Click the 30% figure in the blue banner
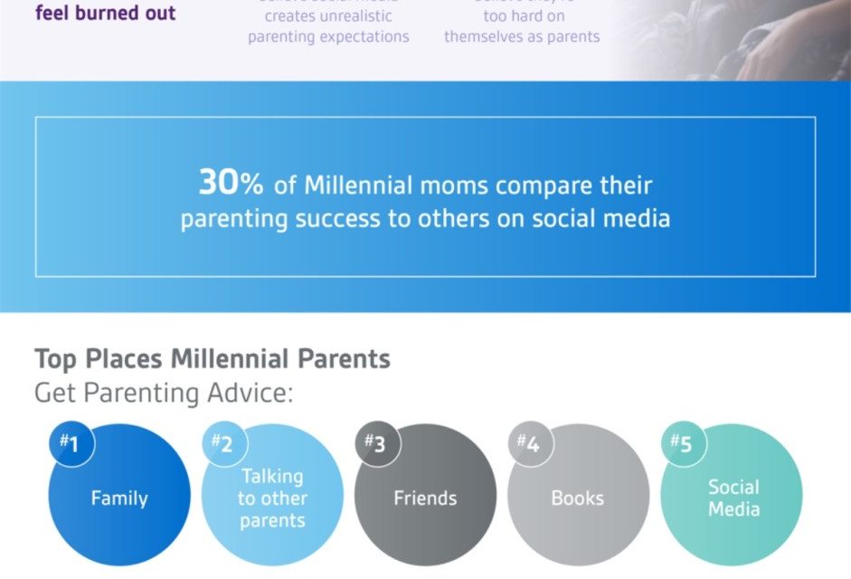[231, 184]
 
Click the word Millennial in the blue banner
[361, 185]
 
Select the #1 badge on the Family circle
[71, 444]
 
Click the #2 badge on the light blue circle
[223, 444]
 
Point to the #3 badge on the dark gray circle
[376, 444]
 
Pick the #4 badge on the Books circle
[529, 444]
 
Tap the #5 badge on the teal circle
[682, 444]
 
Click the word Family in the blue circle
[119, 498]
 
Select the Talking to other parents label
[272, 498]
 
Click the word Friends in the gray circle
[425, 498]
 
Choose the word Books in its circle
[578, 498]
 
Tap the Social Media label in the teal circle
[733, 498]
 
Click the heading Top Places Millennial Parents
[213, 358]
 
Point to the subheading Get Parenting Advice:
[164, 394]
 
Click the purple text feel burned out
[106, 14]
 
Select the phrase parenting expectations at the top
[328, 37]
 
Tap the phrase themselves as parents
[522, 37]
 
